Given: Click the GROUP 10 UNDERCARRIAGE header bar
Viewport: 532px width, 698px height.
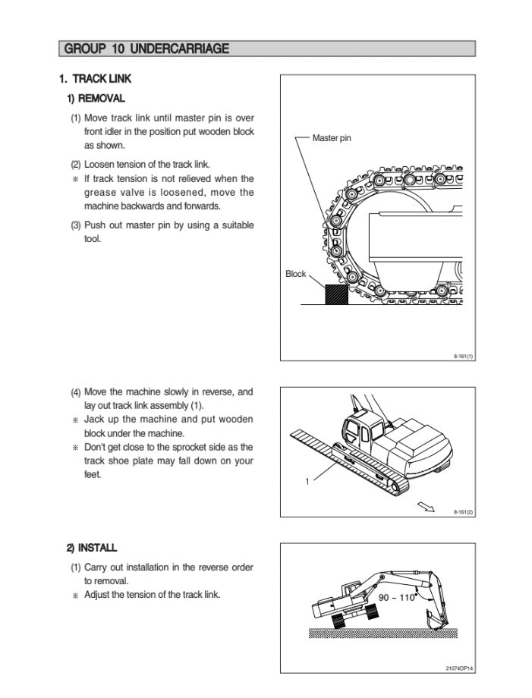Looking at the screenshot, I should coord(266,49).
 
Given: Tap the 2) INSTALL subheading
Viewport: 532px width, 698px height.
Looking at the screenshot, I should coord(92,548).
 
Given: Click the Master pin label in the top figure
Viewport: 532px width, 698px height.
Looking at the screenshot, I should coord(332,139).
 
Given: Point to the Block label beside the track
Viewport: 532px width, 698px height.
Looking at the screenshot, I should coord(296,274).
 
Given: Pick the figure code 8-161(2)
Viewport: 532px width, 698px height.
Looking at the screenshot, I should coord(464,512).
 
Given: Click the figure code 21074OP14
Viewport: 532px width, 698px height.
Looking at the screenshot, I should coord(460,668).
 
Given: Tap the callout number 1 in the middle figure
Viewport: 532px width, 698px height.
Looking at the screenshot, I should coord(307,479).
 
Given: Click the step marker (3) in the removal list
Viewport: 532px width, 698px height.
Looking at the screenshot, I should coord(76,225).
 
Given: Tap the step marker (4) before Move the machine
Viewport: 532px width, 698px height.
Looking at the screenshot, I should coord(76,393).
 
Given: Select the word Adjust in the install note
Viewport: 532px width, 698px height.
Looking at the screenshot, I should coord(99,595).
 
